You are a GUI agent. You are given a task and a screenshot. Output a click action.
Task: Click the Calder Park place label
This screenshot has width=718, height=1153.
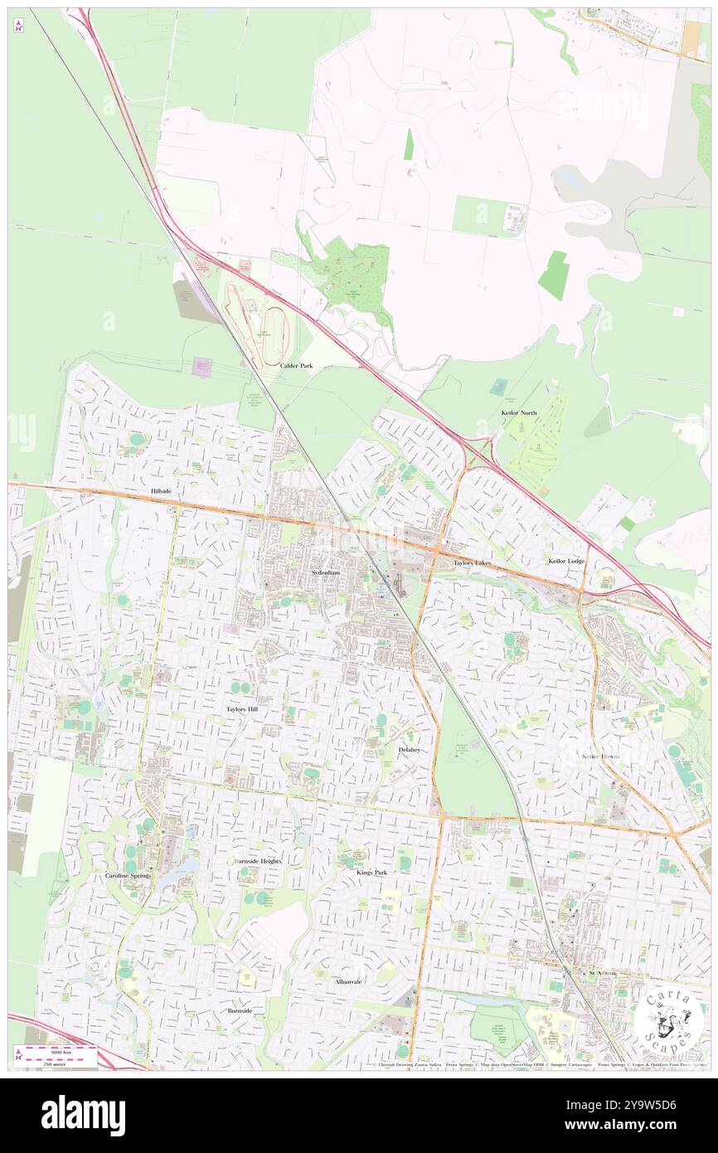296,365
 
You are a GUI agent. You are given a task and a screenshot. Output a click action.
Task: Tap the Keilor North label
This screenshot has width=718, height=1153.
519,412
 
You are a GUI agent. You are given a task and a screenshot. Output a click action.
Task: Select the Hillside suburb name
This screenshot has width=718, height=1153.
161,491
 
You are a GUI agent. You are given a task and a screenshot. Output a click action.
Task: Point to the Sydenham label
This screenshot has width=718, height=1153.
327,572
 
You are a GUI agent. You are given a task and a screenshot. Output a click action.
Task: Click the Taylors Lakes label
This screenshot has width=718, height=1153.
472,562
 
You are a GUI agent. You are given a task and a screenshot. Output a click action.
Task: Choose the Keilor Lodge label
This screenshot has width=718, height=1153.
566,561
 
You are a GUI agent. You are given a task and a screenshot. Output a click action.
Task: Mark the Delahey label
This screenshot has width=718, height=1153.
409,749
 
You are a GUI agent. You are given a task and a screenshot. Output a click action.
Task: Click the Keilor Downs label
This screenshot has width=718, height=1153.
601,757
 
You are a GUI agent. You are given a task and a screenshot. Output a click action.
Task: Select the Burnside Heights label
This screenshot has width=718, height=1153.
257,861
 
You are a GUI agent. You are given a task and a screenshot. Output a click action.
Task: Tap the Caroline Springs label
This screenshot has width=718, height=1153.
129,875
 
